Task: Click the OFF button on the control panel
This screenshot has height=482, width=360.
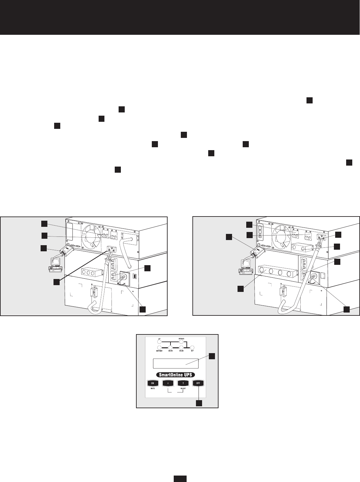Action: coord(199,383)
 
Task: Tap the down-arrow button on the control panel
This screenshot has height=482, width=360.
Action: coord(168,383)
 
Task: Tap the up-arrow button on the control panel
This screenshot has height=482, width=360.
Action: coord(183,383)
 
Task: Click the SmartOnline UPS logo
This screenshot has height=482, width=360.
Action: coord(176,375)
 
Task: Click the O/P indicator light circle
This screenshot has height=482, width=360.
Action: coord(192,348)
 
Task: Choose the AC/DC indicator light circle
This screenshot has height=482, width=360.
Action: coord(171,348)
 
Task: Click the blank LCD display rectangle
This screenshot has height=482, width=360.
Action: coord(175,363)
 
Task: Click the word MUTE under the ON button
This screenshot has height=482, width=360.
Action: coord(152,389)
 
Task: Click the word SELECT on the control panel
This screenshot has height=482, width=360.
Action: coord(183,389)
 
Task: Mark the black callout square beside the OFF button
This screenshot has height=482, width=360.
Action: coord(199,403)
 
